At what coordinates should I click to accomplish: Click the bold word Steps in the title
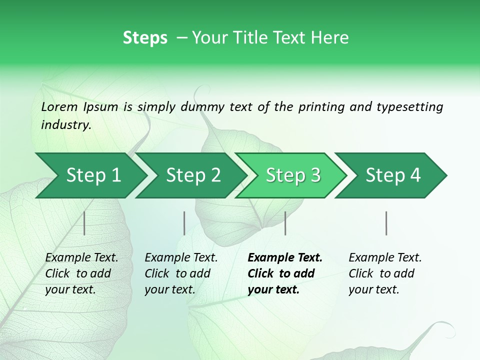(x=145, y=38)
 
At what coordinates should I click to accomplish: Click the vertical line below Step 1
(x=84, y=223)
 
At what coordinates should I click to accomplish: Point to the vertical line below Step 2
(x=184, y=223)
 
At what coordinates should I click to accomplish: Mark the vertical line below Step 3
(x=285, y=223)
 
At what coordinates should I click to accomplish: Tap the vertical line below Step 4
(x=386, y=223)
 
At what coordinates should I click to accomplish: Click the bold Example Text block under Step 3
(x=285, y=273)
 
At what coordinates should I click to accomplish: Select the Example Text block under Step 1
(x=81, y=273)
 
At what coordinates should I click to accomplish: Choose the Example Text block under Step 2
(x=181, y=273)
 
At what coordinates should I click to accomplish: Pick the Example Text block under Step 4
(x=385, y=273)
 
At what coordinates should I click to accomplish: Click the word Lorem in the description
(x=59, y=107)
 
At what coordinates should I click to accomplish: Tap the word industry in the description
(x=65, y=125)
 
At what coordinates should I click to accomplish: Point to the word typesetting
(x=409, y=107)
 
